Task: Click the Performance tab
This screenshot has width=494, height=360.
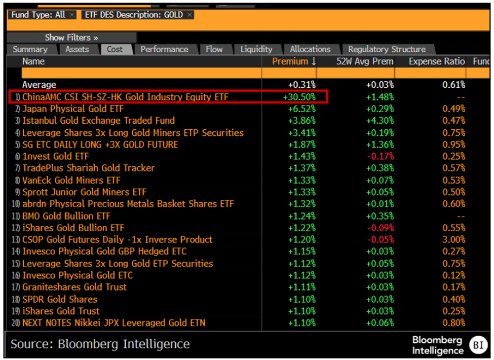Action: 164,49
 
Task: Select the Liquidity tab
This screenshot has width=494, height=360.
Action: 256,49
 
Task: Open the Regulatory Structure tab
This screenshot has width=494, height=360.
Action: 387,49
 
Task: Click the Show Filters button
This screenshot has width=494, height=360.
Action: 71,38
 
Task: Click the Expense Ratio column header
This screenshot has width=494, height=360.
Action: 436,61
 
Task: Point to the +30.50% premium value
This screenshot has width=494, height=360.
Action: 301,97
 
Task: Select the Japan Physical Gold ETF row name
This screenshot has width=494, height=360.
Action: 72,109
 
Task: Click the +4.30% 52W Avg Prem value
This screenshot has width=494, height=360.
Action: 379,121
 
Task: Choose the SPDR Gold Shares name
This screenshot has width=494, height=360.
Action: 59,299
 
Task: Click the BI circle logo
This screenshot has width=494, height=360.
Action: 477,345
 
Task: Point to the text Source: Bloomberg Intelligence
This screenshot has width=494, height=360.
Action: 100,344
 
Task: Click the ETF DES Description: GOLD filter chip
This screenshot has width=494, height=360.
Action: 137,15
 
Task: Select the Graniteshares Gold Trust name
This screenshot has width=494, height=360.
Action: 74,287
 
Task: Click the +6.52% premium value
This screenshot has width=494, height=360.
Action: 301,109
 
